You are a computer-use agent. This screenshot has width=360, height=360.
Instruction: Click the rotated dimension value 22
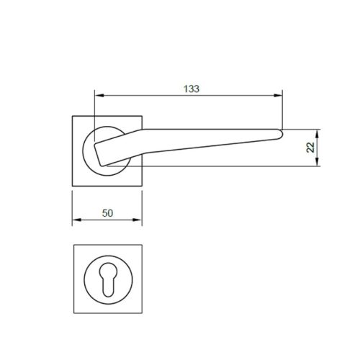tap(310, 147)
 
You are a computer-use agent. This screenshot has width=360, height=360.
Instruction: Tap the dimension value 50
tap(108, 213)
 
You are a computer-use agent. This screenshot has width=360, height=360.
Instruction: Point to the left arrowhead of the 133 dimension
tap(97, 96)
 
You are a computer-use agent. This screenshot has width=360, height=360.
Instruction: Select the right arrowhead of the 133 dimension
tap(279, 96)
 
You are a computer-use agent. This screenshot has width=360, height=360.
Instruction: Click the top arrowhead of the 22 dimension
tap(318, 132)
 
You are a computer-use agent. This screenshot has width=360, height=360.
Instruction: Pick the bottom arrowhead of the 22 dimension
tap(318, 164)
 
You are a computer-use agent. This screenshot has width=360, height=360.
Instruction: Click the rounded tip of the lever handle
tap(281, 131)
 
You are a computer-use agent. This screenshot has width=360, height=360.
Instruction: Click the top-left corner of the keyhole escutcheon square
tap(74, 246)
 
